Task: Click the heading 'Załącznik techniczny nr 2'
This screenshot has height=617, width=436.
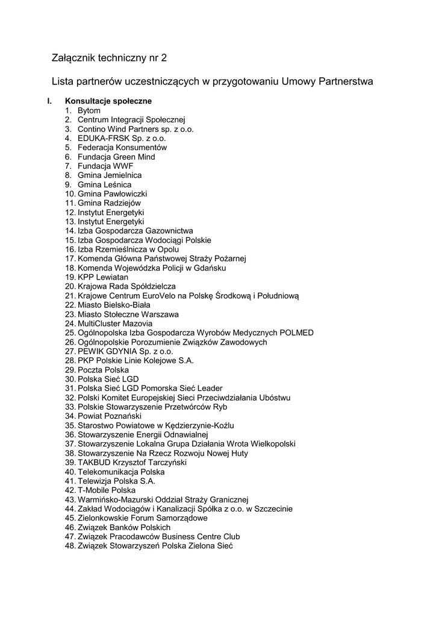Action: coord(109,58)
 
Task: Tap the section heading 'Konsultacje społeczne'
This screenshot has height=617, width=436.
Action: coord(108,101)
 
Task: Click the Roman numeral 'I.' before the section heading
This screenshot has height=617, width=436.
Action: coord(51,101)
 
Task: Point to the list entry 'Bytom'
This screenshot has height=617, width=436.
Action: coord(89,111)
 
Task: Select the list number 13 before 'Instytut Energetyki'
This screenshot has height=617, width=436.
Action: coord(70,222)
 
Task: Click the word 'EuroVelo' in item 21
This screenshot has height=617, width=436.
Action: coord(159,296)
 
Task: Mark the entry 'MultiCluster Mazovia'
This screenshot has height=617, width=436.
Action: coord(115,324)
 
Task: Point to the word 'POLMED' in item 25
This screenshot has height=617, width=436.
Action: coord(296,333)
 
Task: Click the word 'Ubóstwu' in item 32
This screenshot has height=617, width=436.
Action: coord(274,398)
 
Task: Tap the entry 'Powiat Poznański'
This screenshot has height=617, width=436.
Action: coord(110,416)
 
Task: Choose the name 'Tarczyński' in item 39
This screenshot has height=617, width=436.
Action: coord(166,462)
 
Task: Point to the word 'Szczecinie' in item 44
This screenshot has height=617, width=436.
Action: coord(273,509)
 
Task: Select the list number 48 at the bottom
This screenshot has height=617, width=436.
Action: coord(70,546)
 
